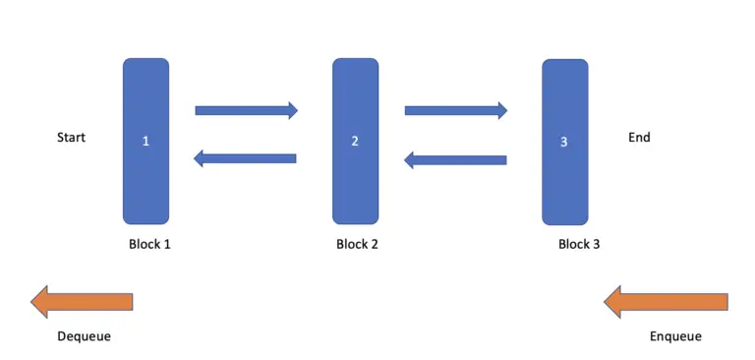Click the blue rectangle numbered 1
[x=145, y=108]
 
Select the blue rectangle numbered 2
[x=355, y=108]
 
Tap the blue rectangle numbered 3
[x=564, y=108]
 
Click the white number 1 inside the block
[x=145, y=142]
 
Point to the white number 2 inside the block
[x=355, y=142]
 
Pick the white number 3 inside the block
[x=563, y=143]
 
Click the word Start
[x=71, y=138]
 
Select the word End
[x=639, y=138]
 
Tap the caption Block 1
[x=149, y=244]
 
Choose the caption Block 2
[x=357, y=244]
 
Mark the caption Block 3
[x=579, y=244]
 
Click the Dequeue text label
[x=84, y=336]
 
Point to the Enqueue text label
[x=675, y=336]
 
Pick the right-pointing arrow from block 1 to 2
[x=246, y=110]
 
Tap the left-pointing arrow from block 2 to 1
[x=246, y=157]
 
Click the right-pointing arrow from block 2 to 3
[x=455, y=110]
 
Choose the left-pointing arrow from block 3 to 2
[x=455, y=159]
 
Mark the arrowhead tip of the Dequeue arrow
[x=32, y=301]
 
